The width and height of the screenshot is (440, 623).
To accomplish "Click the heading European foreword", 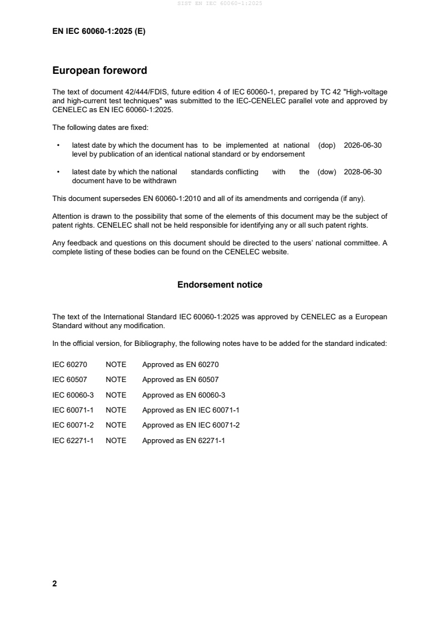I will [99, 71].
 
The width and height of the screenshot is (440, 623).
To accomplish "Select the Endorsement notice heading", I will [220, 285].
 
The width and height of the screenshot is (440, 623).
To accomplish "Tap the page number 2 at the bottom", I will [54, 584].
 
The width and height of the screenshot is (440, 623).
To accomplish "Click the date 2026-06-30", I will [363, 145].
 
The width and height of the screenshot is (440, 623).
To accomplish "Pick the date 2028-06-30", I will [363, 172].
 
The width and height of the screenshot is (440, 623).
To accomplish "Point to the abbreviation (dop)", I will [327, 145].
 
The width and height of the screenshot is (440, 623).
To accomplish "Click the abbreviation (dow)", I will [327, 172].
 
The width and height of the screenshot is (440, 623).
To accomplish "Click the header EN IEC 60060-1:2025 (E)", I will [99, 32].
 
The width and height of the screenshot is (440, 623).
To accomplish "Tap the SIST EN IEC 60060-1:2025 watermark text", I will [220, 3].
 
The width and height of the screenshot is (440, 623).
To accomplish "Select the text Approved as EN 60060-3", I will [184, 395].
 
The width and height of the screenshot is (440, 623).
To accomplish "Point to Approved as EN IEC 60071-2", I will [190, 425].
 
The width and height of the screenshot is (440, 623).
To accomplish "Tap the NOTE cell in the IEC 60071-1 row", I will [116, 410].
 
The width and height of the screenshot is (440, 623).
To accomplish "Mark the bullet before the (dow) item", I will [58, 172].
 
